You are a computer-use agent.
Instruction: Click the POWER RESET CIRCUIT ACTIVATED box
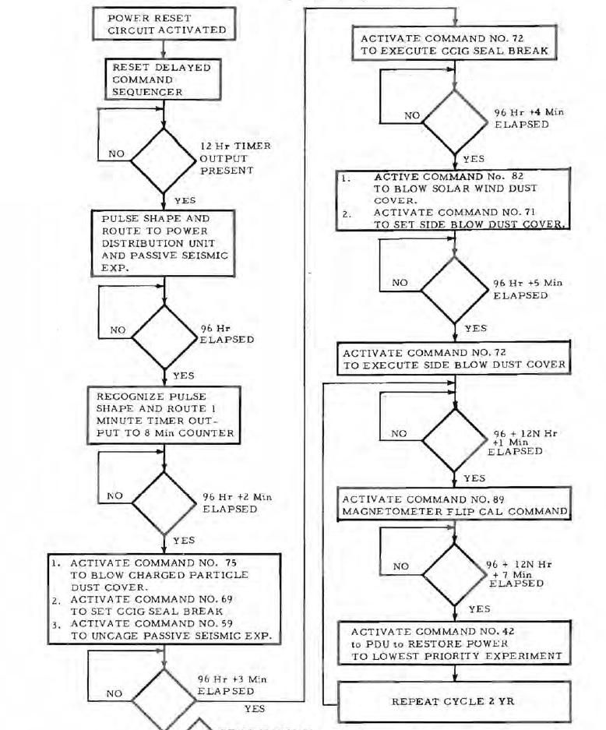click(164, 24)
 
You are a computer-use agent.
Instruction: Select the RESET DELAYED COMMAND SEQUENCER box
click(159, 79)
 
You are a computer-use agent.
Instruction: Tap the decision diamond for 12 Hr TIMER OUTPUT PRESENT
click(164, 160)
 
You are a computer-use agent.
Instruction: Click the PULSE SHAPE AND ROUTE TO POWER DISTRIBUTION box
click(164, 241)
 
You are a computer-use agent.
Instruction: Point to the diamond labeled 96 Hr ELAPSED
click(164, 336)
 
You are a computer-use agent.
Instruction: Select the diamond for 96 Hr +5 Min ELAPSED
click(454, 289)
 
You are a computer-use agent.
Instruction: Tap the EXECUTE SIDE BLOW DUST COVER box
click(454, 359)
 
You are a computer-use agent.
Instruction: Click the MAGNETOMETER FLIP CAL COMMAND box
click(454, 505)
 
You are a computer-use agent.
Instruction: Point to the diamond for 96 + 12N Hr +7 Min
click(454, 572)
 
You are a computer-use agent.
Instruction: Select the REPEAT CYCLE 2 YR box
click(454, 701)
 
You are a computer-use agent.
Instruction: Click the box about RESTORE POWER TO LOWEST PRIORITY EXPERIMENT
click(454, 643)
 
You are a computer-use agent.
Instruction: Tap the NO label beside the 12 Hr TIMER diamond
click(116, 154)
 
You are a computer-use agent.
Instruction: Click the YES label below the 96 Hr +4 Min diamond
click(474, 159)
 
